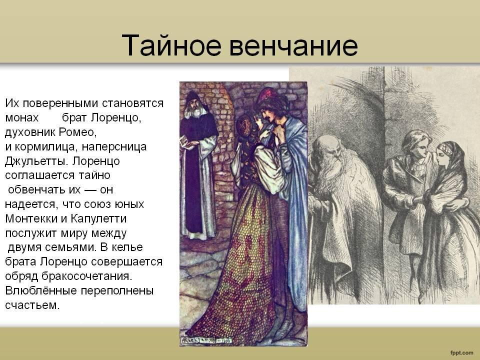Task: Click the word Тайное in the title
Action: (171, 45)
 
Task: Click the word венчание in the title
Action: (294, 46)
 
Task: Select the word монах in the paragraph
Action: (21, 117)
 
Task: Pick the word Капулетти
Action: (98, 218)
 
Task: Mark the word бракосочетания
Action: (87, 276)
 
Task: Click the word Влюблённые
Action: (40, 290)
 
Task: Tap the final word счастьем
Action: (32, 305)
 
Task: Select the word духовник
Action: (30, 132)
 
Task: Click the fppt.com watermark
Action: (461, 352)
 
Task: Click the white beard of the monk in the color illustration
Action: (194, 112)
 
